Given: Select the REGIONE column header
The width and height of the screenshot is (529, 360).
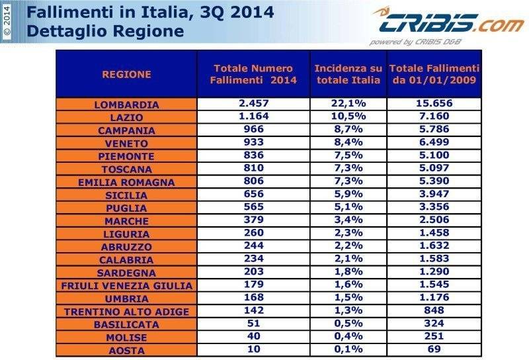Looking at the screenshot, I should (x=126, y=74).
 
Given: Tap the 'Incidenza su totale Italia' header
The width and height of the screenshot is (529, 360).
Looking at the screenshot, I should (x=348, y=74).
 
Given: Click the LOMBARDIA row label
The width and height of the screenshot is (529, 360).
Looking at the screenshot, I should (x=126, y=105).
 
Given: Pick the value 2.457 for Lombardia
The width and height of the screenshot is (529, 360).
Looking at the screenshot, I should (x=254, y=105).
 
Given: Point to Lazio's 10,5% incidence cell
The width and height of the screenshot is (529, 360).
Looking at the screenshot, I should (x=348, y=117).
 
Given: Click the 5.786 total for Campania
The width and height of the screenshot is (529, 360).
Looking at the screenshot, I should (x=434, y=130).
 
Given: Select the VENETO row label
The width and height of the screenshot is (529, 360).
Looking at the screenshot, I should (x=126, y=144).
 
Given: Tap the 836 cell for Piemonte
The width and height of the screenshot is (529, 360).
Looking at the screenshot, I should (x=254, y=156).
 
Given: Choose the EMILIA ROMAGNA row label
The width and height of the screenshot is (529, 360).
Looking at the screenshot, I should (x=126, y=182).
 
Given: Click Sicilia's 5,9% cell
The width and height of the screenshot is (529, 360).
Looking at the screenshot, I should (x=348, y=195).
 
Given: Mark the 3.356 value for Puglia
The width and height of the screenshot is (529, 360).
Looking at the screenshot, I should (x=434, y=208).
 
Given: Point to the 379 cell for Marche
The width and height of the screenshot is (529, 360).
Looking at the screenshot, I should (x=254, y=220).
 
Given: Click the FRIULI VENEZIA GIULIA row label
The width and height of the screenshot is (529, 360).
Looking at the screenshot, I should (x=126, y=285).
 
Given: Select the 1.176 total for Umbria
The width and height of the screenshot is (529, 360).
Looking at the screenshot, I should (x=434, y=298).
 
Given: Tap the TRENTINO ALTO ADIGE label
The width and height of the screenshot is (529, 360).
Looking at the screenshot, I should (x=126, y=311).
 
